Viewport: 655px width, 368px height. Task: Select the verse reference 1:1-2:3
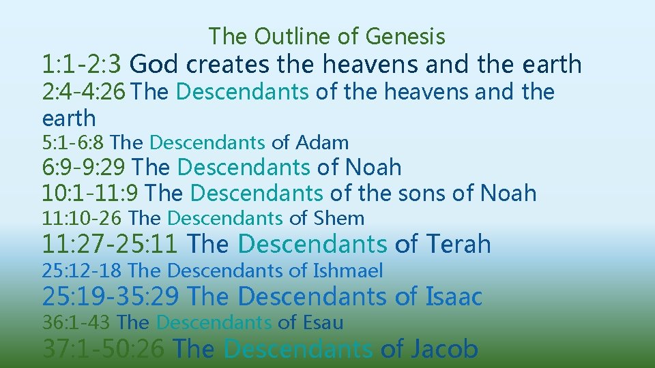coord(82,65)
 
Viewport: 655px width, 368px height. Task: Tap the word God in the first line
coord(154,65)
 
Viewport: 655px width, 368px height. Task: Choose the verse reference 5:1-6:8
coord(73,142)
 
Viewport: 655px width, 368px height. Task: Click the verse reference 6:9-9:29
coord(84,167)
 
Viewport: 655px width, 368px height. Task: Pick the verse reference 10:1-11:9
coord(91,194)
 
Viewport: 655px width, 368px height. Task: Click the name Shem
coord(339,219)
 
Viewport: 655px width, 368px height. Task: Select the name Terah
coord(458,244)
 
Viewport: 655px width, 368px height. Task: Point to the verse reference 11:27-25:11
coord(111,244)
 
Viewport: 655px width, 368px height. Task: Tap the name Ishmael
coord(348,271)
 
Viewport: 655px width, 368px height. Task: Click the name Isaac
coord(454,297)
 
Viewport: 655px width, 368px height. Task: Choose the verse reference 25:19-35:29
coord(111,297)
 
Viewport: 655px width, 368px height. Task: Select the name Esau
coord(322,322)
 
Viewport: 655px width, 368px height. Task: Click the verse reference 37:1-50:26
coord(103,349)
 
